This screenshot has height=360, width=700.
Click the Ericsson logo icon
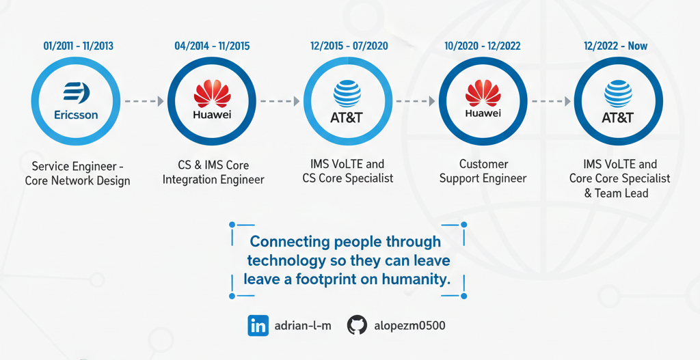point(77,92)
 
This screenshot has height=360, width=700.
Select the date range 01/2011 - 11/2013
point(79,46)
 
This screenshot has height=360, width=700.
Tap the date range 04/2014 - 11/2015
point(212,46)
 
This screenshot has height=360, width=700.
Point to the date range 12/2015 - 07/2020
point(349,46)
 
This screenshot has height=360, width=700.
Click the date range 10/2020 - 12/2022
point(483,46)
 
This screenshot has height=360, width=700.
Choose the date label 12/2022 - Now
point(616,46)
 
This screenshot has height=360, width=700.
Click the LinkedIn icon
point(258,326)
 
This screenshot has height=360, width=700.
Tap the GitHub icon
point(357,326)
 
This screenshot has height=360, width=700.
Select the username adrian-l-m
point(303,326)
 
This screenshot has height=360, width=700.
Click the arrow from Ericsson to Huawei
point(144,101)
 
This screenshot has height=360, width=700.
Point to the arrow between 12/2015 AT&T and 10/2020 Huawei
point(416,101)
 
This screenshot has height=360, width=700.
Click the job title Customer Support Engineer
point(483,171)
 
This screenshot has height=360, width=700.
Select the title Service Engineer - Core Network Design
point(78,174)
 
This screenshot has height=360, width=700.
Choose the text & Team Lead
point(616,193)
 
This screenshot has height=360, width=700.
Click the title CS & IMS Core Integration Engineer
point(213,173)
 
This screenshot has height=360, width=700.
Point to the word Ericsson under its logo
point(77,115)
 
